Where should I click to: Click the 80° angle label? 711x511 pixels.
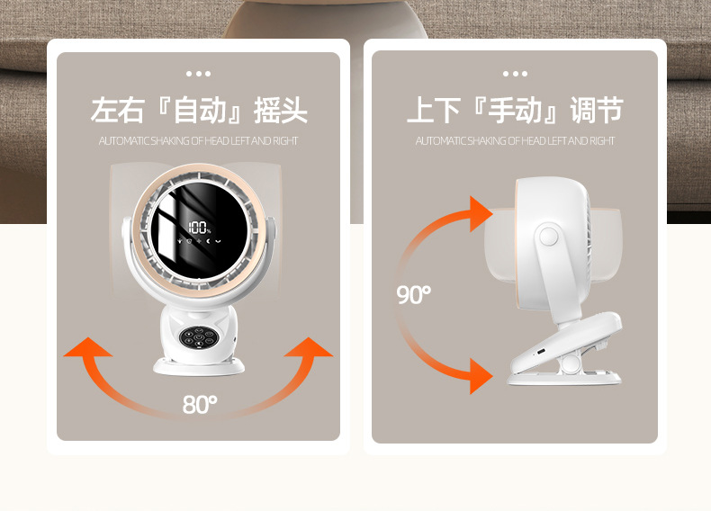coord(200,405)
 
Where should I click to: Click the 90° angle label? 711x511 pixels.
coord(414,294)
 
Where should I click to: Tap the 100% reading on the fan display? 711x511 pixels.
coord(199,229)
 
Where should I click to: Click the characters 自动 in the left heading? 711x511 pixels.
coord(199,111)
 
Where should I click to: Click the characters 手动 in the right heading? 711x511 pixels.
coord(514,111)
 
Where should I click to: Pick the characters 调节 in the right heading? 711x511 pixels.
coord(597,111)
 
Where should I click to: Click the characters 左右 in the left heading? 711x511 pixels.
coord(117,111)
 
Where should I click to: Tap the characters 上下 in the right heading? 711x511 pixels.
coord(433,111)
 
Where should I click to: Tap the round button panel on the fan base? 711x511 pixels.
coord(197,339)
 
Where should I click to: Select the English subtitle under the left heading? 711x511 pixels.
coord(199,141)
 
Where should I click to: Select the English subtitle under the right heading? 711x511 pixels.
coord(515,141)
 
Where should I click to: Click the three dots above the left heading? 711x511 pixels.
coord(198,74)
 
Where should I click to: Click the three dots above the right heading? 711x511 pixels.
coord(515,74)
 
